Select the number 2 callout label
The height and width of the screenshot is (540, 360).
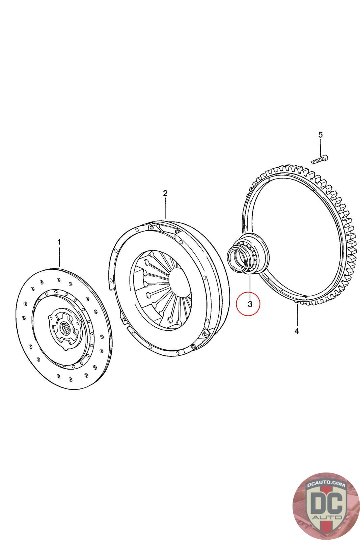(x=165, y=193)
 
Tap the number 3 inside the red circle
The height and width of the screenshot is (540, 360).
(x=250, y=304)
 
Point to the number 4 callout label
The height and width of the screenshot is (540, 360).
(x=297, y=331)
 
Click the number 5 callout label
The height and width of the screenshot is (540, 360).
(x=321, y=135)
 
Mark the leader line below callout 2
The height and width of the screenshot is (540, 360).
(x=165, y=208)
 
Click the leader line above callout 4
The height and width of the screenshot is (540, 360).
(x=298, y=314)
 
